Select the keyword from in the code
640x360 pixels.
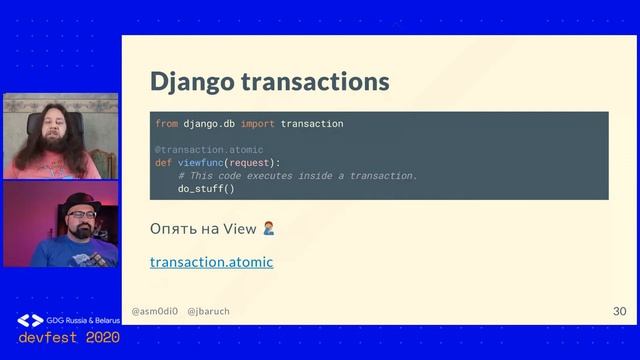166,124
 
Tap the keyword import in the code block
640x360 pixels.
257,124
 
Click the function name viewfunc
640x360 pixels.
201,163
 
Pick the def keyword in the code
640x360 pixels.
163,163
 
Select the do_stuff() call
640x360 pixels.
206,188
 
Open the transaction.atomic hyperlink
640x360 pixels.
211,262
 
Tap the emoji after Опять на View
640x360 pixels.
268,228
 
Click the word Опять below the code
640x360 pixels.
171,229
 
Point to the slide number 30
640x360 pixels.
619,312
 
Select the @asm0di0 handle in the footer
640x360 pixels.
154,312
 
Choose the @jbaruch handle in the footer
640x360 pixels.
208,312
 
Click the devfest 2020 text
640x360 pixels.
68,338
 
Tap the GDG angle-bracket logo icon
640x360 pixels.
30,320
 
